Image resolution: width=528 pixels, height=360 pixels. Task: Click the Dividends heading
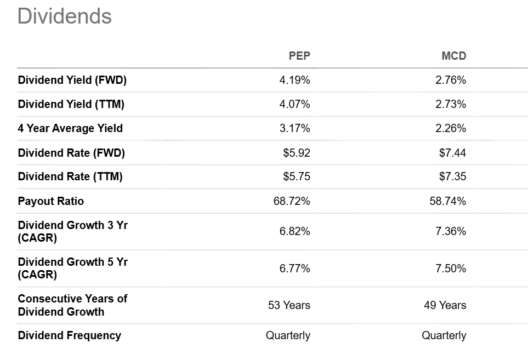pos(64,16)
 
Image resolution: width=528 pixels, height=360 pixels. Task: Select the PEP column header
pos(299,56)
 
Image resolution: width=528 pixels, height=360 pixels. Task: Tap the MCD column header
pos(454,56)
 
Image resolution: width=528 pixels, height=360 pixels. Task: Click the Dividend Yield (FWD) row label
pos(72,80)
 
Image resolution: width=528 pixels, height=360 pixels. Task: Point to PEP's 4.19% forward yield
pos(294,80)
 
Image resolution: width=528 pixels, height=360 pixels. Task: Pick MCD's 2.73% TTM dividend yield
pos(451,104)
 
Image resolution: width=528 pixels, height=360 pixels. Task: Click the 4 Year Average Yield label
pos(70,128)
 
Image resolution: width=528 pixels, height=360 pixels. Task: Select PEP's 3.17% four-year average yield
pos(294,129)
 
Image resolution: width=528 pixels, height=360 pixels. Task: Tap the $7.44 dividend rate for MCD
pos(452,153)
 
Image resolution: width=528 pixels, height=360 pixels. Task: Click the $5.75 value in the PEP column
pos(297,176)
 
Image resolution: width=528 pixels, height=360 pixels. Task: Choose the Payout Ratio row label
pos(51,201)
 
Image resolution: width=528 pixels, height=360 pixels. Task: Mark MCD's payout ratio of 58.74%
pos(448,201)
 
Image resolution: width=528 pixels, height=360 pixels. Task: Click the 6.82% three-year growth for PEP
pos(294,231)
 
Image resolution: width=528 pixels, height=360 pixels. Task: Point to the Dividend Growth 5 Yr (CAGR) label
pos(73,268)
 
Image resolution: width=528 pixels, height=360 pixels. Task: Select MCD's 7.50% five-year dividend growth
pos(451,268)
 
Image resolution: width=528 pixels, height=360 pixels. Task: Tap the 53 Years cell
pos(289,305)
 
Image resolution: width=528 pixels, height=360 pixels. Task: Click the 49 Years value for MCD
pos(445,305)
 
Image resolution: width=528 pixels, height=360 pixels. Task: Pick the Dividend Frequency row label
pos(70,335)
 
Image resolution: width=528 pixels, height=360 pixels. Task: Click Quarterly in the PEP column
pos(288,336)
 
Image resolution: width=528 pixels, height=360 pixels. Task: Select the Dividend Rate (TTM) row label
pos(70,176)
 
